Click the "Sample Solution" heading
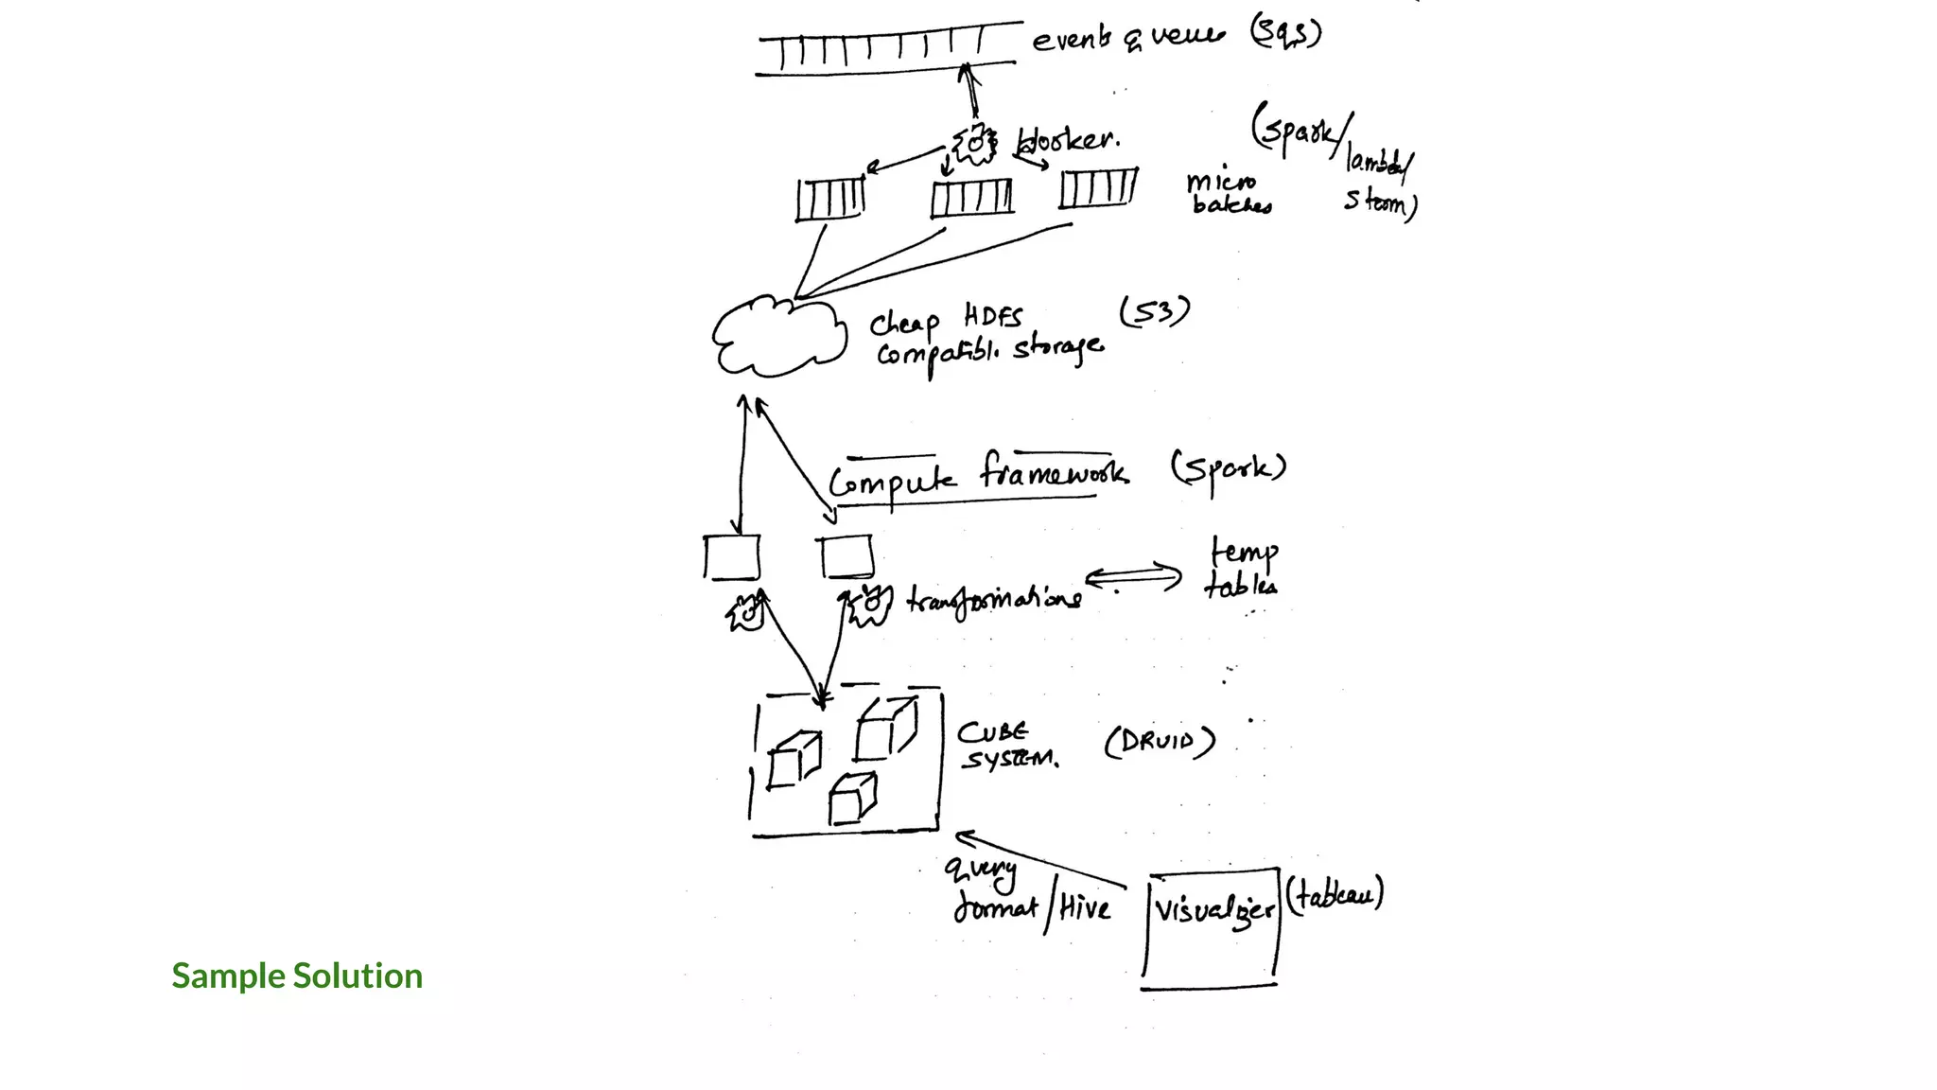[x=297, y=976]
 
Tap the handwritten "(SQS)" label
[x=1285, y=34]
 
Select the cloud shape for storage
[x=778, y=338]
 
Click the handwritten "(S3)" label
[x=1154, y=311]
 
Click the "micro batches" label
[x=1228, y=193]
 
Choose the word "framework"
[x=1053, y=471]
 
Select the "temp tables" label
[x=1242, y=568]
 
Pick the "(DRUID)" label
[x=1160, y=742]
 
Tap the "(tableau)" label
[x=1334, y=894]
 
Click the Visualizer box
[x=1211, y=927]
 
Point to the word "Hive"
[x=1084, y=909]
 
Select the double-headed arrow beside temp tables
[x=1133, y=576]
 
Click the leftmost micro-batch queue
[x=829, y=199]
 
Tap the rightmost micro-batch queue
[x=1097, y=188]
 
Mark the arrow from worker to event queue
[x=969, y=92]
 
